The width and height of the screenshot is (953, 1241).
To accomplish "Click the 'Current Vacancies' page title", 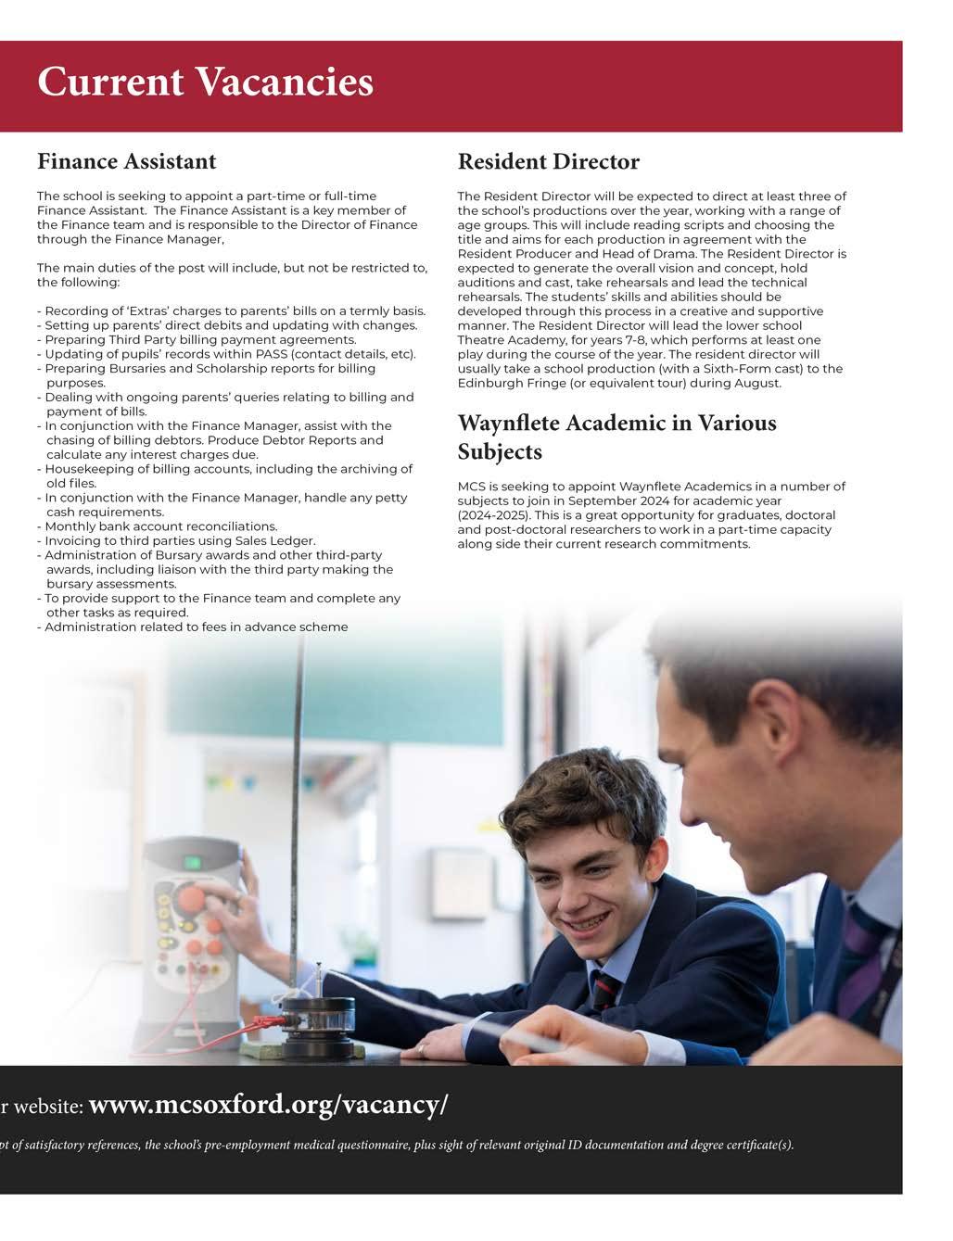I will (205, 82).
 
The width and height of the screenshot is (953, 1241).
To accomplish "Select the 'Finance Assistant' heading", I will (126, 162).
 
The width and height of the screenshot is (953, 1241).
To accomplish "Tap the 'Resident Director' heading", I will (548, 162).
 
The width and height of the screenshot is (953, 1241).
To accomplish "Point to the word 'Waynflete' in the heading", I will (508, 424).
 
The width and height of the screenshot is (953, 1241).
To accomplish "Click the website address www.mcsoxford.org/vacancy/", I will (268, 1105).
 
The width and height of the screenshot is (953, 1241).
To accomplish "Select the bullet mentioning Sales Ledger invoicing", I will (180, 540).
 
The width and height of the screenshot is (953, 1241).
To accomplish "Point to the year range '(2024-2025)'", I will (492, 515).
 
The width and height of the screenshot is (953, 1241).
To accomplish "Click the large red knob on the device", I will (192, 900).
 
